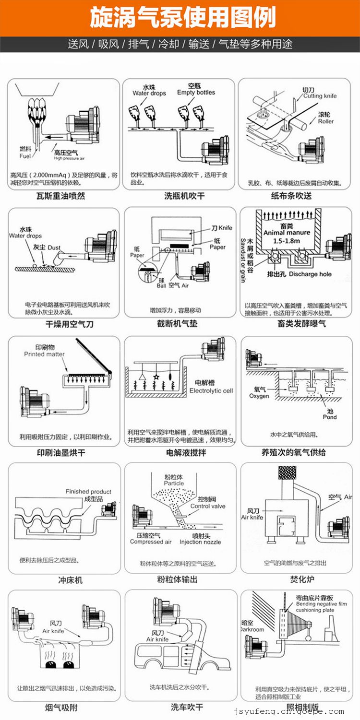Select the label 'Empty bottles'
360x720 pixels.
[x=196, y=93]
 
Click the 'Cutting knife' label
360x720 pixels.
[x=320, y=96]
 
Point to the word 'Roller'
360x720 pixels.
[x=326, y=121]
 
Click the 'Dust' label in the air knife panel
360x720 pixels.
[x=54, y=248]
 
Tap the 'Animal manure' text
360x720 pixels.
[x=287, y=233]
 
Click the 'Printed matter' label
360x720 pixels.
[x=44, y=354]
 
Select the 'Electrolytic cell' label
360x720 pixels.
[x=211, y=390]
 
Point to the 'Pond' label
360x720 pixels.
[x=330, y=417]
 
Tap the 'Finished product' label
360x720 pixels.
[x=88, y=492]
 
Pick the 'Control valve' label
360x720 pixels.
[x=208, y=506]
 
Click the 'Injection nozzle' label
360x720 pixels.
[x=200, y=542]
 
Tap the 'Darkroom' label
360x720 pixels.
[x=252, y=629]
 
